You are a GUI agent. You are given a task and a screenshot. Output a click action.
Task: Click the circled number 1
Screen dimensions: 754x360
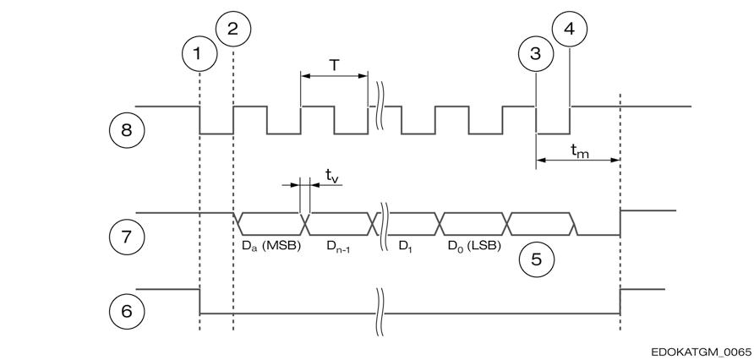199,53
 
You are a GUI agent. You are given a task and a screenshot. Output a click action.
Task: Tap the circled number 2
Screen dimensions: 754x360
233,29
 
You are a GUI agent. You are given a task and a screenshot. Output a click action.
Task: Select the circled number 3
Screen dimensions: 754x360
536,53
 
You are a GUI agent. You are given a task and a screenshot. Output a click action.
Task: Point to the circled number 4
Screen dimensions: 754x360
570,29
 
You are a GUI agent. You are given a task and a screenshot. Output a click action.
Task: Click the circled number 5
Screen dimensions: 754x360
536,259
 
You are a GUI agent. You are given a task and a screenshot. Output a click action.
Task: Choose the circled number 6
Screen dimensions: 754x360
127,312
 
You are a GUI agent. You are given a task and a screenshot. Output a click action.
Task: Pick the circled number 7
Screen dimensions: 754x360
127,237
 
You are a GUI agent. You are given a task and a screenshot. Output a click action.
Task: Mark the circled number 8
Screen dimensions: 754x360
127,130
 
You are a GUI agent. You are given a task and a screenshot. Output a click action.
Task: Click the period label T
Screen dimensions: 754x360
334,65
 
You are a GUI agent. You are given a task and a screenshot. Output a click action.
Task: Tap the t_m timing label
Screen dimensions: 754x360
579,150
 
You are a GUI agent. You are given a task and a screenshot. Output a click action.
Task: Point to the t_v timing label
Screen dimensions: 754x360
332,176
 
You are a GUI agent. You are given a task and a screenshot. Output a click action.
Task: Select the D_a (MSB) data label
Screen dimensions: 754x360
270,247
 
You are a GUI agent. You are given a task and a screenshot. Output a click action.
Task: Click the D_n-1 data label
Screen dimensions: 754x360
339,247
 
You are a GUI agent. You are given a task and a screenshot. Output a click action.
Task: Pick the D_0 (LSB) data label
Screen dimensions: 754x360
474,247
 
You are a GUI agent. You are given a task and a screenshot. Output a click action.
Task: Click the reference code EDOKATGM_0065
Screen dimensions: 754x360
701,352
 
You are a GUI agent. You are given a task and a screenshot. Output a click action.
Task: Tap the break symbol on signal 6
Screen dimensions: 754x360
380,313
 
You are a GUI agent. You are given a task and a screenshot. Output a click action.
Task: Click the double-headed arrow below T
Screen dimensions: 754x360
334,75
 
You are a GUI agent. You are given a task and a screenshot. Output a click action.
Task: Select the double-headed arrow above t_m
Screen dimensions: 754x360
577,160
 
